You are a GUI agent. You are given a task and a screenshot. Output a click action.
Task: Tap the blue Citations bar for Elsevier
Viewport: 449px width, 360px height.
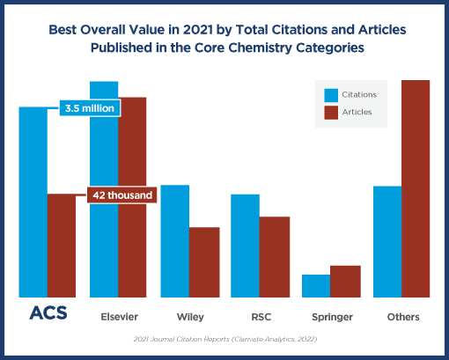pos(104,189)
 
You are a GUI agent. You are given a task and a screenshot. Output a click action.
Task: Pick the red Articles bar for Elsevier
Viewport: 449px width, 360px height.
pos(132,197)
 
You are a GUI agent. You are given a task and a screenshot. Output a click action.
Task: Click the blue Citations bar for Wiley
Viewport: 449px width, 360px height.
pos(175,241)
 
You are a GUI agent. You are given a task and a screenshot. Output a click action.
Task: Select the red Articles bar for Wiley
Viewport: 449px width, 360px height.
pos(204,262)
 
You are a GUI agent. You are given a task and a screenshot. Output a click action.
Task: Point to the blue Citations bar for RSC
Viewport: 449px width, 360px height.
pos(245,246)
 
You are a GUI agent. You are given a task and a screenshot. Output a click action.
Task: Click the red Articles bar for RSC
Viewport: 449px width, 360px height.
pos(274,257)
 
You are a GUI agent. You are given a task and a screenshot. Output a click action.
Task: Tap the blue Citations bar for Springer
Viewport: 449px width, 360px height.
pos(316,286)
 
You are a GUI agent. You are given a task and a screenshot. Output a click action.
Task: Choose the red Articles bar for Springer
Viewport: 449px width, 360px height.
pos(345,282)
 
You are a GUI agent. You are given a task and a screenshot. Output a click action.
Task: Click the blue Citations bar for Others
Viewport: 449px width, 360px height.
pos(387,242)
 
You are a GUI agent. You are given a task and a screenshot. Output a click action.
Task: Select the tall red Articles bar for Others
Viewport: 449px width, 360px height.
pos(416,188)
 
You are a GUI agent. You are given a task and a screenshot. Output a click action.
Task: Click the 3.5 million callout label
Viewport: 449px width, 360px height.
pos(92,108)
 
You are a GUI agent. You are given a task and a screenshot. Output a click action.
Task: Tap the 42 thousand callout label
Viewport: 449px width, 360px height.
pos(121,195)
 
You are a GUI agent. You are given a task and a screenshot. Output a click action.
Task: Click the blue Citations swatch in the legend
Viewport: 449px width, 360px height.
pos(331,94)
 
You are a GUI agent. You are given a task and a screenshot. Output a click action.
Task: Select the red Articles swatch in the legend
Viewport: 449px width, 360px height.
pos(331,112)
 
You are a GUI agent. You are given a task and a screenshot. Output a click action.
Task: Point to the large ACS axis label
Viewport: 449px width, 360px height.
pos(48,314)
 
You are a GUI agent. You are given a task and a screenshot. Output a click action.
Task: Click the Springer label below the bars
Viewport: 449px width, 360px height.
pos(332,316)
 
